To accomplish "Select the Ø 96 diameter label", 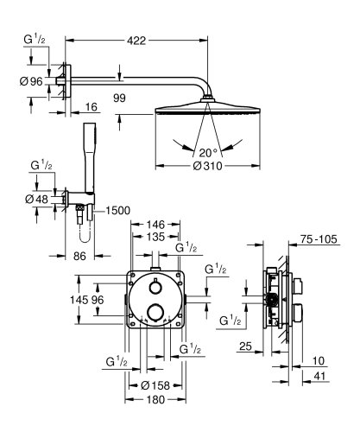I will click(30, 83).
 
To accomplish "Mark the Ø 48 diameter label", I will click(38, 200).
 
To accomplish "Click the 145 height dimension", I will click(78, 300).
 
